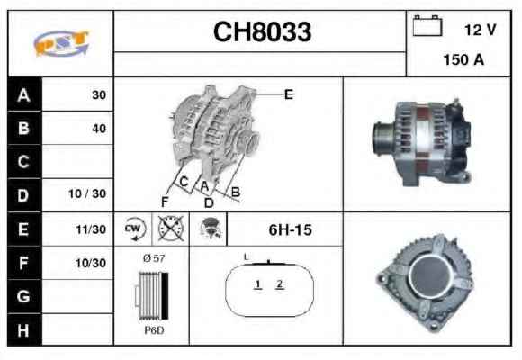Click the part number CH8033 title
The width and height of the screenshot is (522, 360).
(x=262, y=32)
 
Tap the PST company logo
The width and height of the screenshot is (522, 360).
(x=61, y=43)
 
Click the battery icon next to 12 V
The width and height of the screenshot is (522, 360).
(x=427, y=25)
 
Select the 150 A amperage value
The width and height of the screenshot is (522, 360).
(x=463, y=60)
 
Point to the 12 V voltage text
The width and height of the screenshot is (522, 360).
(x=480, y=30)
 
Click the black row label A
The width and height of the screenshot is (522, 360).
(x=24, y=94)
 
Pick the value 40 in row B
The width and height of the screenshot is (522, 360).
(x=99, y=129)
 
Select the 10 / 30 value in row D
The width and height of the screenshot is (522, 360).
(x=87, y=193)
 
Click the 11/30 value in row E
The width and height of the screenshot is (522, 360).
(x=91, y=229)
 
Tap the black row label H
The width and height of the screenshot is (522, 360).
(x=23, y=330)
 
